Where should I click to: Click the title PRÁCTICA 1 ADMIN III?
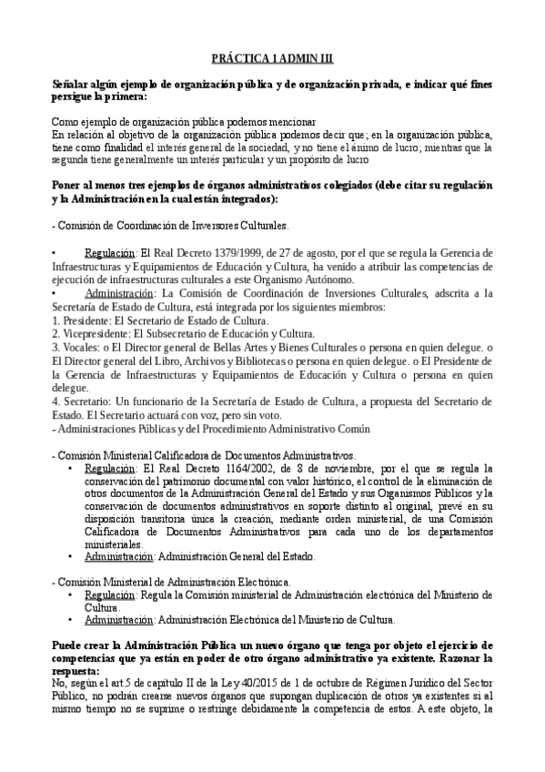click(x=272, y=57)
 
